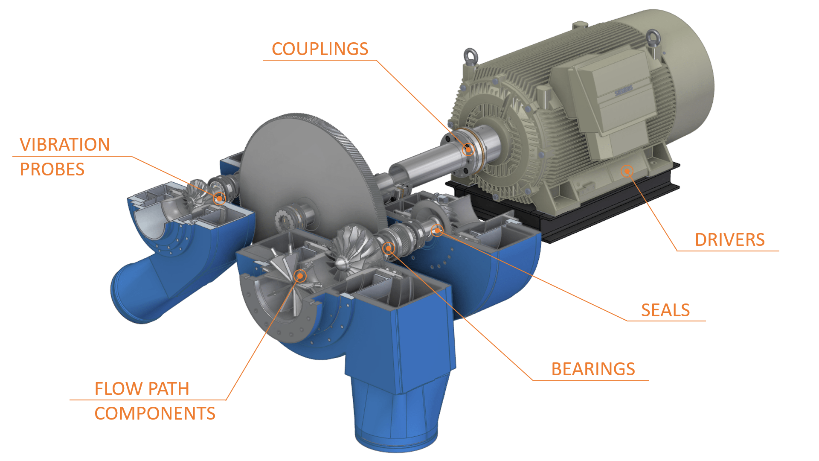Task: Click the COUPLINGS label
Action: click(x=320, y=49)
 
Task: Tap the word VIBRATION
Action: click(x=65, y=145)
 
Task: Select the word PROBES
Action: click(x=52, y=169)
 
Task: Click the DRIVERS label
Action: click(x=730, y=240)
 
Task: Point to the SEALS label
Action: click(x=665, y=310)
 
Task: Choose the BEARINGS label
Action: click(x=593, y=369)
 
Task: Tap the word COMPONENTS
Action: click(x=155, y=414)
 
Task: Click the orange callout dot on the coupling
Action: click(x=468, y=149)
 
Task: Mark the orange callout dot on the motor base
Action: click(x=627, y=171)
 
